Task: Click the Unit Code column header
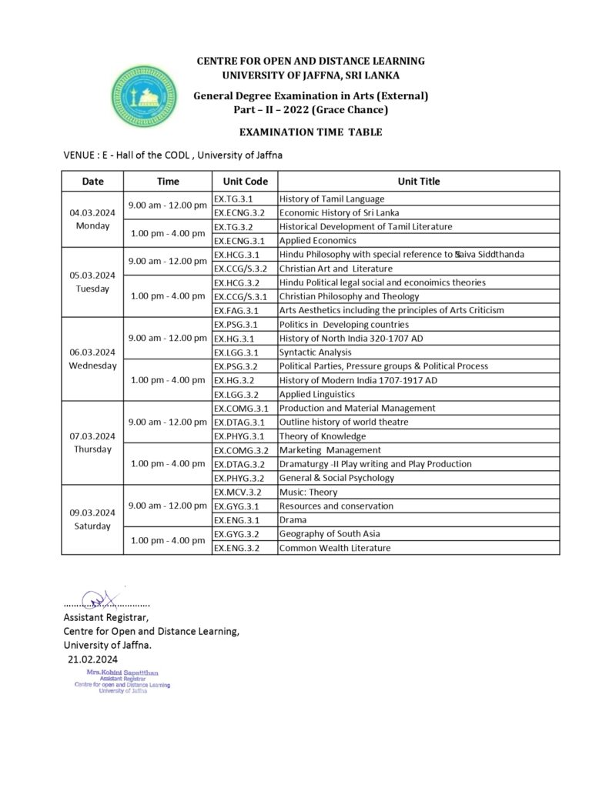tap(245, 182)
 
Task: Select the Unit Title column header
tap(418, 182)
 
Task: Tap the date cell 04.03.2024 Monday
tap(92, 219)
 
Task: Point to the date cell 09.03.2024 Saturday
tap(92, 519)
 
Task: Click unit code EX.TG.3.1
tap(233, 199)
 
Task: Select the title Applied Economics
tap(317, 241)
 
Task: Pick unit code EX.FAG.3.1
tap(236, 310)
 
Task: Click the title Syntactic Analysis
tap(316, 352)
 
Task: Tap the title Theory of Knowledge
tap(323, 436)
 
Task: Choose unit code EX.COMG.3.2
tap(241, 450)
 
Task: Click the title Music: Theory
tap(308, 492)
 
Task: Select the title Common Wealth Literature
tap(334, 548)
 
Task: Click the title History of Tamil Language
tap(331, 199)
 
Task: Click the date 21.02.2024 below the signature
tap(92, 659)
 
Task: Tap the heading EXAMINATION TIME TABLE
tap(310, 132)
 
